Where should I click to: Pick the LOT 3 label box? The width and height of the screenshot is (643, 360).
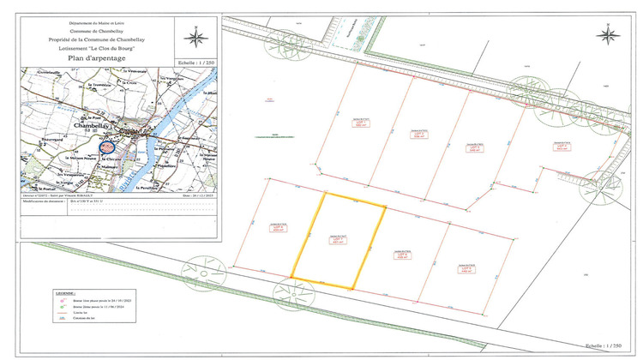click(472, 147)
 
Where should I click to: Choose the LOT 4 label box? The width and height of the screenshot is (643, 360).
click(562, 147)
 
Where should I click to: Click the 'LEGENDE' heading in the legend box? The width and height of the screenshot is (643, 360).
click(62, 292)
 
